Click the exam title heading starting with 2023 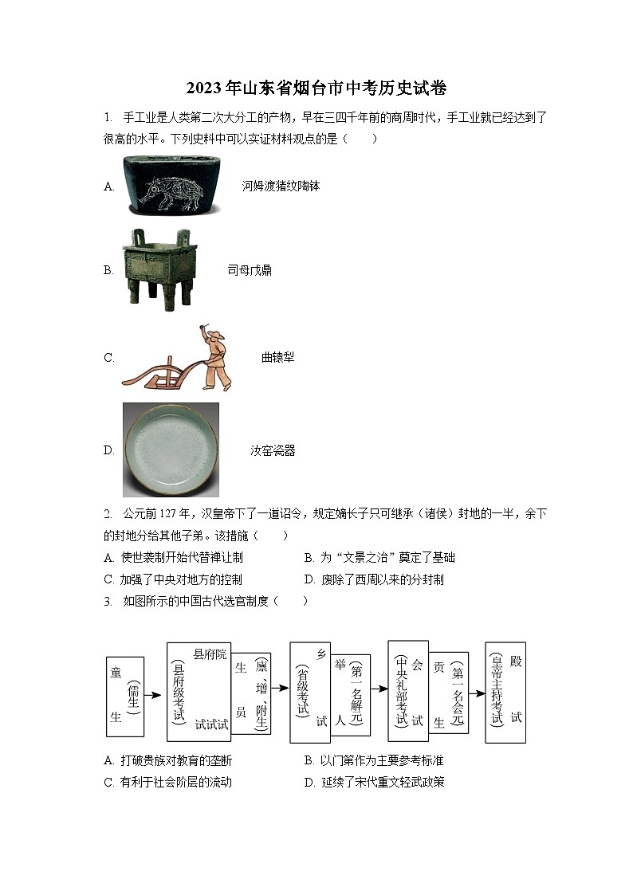pyautogui.click(x=316, y=88)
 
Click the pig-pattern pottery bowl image pyautogui.click(x=171, y=185)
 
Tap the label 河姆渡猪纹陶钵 pyautogui.click(x=281, y=186)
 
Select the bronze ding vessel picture pyautogui.click(x=158, y=270)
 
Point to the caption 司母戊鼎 pyautogui.click(x=250, y=270)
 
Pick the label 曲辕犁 pyautogui.click(x=277, y=357)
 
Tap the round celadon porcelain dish pyautogui.click(x=171, y=449)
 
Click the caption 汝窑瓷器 pyautogui.click(x=273, y=450)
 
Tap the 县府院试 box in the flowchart pyautogui.click(x=199, y=690)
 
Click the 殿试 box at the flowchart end pyautogui.click(x=505, y=692)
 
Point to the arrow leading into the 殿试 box pyautogui.click(x=477, y=693)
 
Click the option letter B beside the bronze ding pyautogui.click(x=108, y=270)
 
